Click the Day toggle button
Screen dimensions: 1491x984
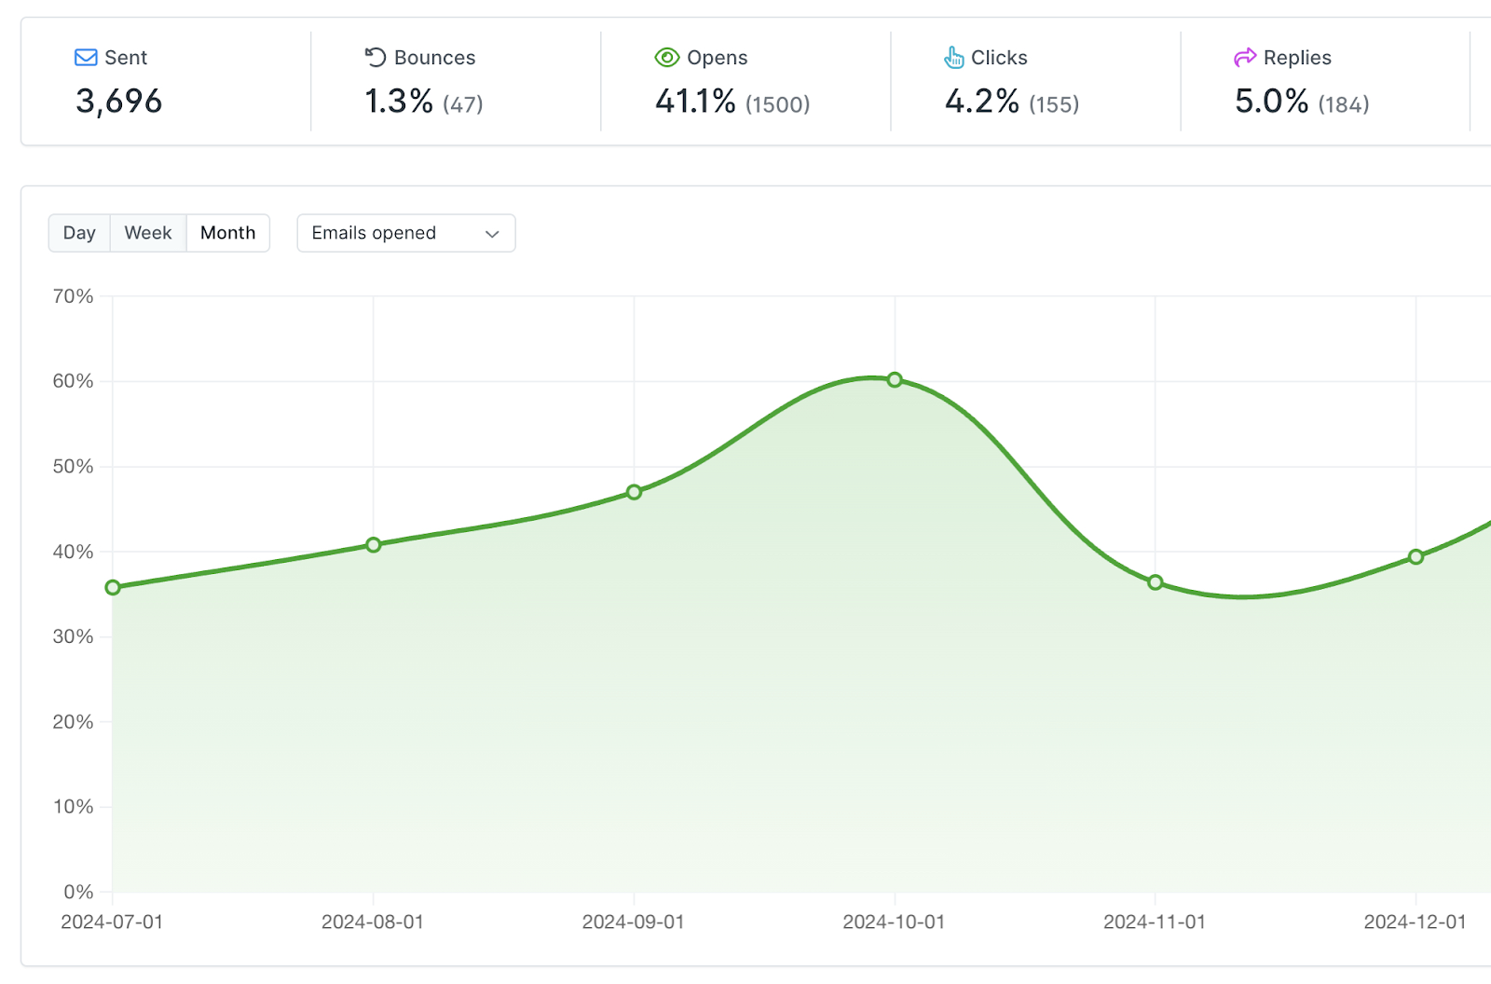[79, 233]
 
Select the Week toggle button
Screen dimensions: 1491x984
[148, 233]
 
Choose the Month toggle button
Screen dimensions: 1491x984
[227, 233]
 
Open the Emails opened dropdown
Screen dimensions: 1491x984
[406, 233]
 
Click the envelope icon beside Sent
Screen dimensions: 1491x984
[86, 58]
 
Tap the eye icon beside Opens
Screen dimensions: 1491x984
[667, 58]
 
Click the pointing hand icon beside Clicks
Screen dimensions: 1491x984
[954, 58]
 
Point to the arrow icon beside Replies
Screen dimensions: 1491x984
[1245, 58]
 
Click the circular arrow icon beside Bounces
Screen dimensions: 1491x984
[376, 57]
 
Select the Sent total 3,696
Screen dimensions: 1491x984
[118, 102]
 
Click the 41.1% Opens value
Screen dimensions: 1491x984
[695, 102]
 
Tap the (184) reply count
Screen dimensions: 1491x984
[1343, 103]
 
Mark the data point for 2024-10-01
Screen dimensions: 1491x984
[895, 380]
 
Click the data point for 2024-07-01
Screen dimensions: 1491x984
[113, 587]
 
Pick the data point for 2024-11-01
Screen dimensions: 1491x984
[1156, 582]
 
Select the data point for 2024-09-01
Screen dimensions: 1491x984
[634, 492]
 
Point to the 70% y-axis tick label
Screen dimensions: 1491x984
[73, 296]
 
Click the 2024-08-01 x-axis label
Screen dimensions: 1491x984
[373, 922]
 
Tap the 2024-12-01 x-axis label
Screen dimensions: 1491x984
[1416, 922]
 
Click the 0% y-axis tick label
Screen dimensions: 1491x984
[78, 892]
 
